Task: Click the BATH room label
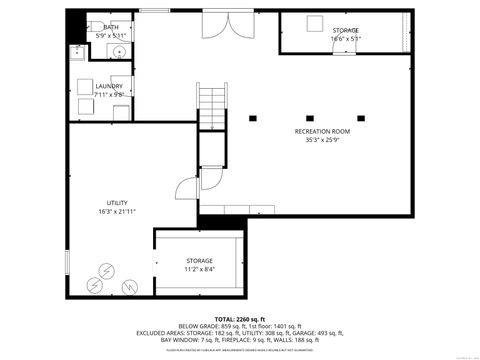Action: point(110,27)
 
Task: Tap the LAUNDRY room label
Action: point(109,86)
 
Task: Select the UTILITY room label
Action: point(117,203)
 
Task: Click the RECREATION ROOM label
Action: point(321,132)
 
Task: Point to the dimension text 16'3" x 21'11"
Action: point(117,212)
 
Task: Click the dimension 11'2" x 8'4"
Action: point(199,269)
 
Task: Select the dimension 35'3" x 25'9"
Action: point(321,141)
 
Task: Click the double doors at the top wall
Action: point(221,25)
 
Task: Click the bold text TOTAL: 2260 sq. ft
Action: point(244,318)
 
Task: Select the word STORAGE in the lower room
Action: point(199,260)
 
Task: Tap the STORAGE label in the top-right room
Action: point(346,30)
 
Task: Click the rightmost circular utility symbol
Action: point(129,287)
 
